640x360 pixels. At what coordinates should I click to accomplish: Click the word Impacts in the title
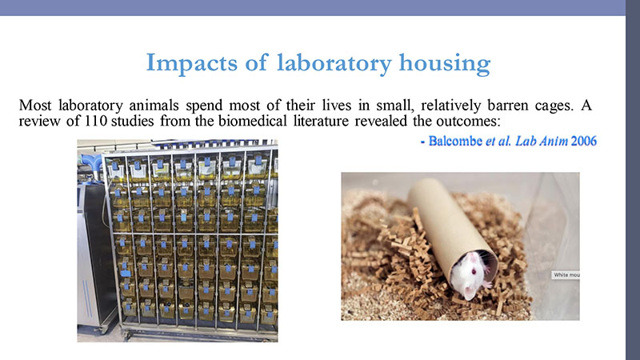(192, 63)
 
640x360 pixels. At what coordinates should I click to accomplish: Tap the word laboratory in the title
(334, 63)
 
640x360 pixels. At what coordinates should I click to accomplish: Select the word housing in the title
(445, 63)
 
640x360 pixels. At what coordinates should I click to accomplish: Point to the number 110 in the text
(96, 122)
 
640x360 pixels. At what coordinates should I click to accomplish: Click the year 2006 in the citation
(584, 142)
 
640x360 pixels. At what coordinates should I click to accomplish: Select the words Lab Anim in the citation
(542, 142)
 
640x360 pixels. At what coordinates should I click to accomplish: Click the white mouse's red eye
(474, 271)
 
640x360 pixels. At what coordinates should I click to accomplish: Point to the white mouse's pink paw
(487, 284)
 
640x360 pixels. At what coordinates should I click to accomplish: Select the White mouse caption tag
(566, 274)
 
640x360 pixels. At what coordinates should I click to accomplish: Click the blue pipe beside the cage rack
(90, 163)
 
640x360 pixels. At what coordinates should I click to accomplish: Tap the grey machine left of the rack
(95, 253)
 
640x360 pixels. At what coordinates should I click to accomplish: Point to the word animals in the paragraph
(154, 106)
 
